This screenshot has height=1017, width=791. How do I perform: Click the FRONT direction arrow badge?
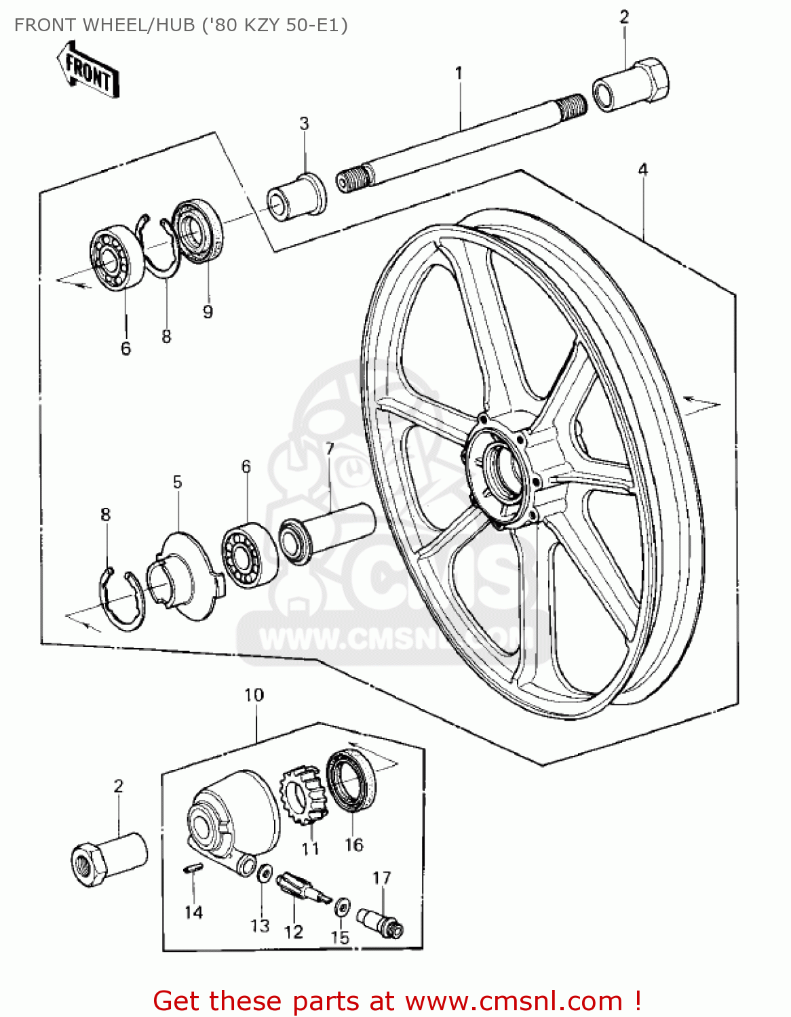pyautogui.click(x=88, y=71)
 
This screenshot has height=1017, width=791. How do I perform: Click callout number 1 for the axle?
pyautogui.click(x=459, y=73)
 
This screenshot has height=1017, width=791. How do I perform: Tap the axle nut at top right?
pyautogui.click(x=632, y=85)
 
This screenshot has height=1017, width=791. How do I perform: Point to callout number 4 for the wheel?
pyautogui.click(x=642, y=169)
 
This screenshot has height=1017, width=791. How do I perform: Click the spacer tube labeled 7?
pyautogui.click(x=329, y=533)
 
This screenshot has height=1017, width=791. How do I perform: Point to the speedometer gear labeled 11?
pyautogui.click(x=303, y=796)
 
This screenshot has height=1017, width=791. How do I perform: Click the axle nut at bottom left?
pyautogui.click(x=109, y=858)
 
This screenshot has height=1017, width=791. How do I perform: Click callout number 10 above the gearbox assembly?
pyautogui.click(x=254, y=695)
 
